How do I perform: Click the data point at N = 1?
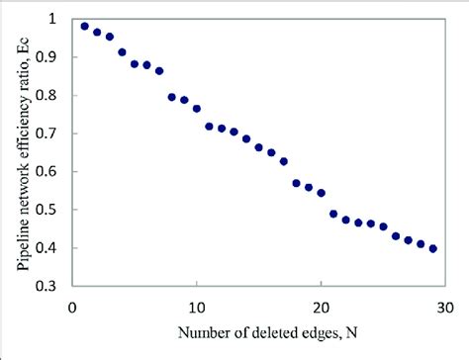coord(85,27)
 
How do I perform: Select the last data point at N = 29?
coord(433,248)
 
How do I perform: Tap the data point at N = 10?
coord(197,109)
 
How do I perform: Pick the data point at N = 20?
coord(322,193)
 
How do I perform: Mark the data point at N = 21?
coord(333,214)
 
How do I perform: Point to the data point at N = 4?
coord(122,52)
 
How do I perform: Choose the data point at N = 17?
coord(284,161)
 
